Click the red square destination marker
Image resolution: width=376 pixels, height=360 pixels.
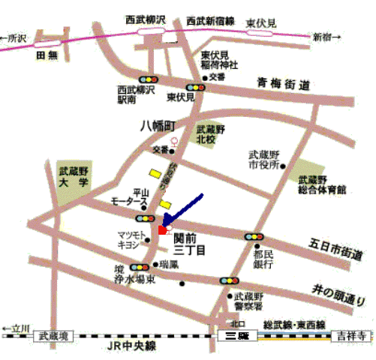click(162, 230)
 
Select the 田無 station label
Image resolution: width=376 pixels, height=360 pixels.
click(47, 55)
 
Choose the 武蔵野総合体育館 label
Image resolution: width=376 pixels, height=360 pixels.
click(321, 184)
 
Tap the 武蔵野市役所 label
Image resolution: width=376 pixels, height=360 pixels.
click(263, 160)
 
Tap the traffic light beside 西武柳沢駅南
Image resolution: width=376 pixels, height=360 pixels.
click(148, 79)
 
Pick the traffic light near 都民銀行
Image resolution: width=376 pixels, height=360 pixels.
click(254, 237)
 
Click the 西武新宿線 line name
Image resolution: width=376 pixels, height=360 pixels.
click(211, 19)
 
